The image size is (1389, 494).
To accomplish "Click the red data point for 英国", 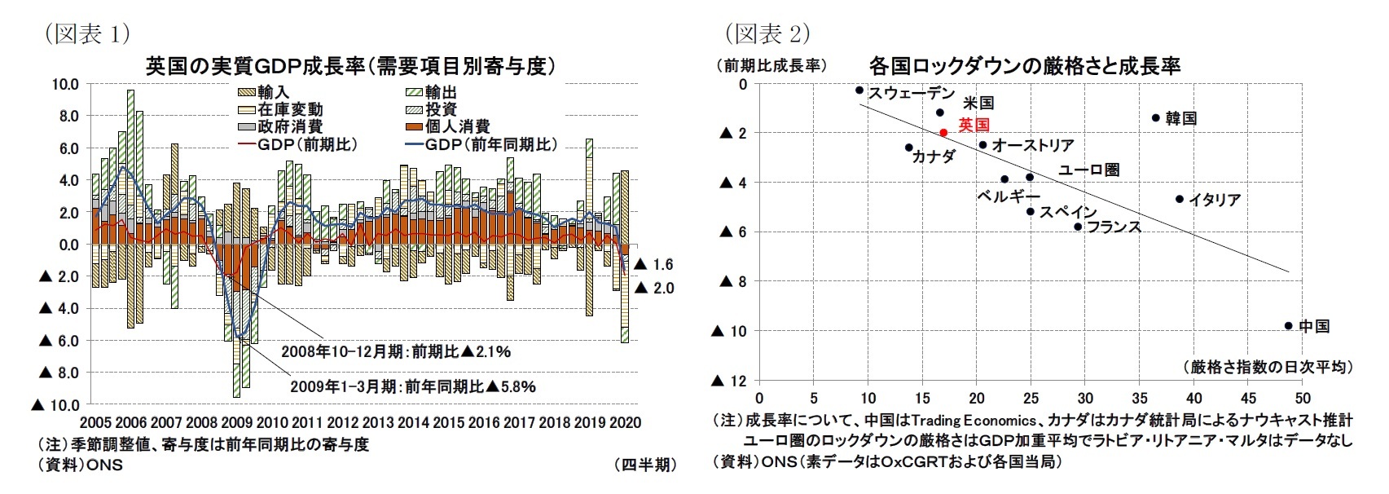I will pos(943,132).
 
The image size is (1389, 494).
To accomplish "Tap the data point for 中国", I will pos(1288,325).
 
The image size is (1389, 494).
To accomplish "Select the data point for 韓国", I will pos(1155,117).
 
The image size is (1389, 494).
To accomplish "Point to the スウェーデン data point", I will pos(859,90).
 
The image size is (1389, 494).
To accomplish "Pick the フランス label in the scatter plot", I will pos(1114,227).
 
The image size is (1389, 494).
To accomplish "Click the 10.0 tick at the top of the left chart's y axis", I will pos(65,84).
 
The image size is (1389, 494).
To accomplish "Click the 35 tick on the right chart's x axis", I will pos(1140,398).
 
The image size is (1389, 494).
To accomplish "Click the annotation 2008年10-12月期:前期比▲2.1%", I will pos(395,352).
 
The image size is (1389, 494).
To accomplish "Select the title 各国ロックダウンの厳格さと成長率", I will pos(1024,65).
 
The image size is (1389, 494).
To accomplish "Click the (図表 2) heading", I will pos(766,34).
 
